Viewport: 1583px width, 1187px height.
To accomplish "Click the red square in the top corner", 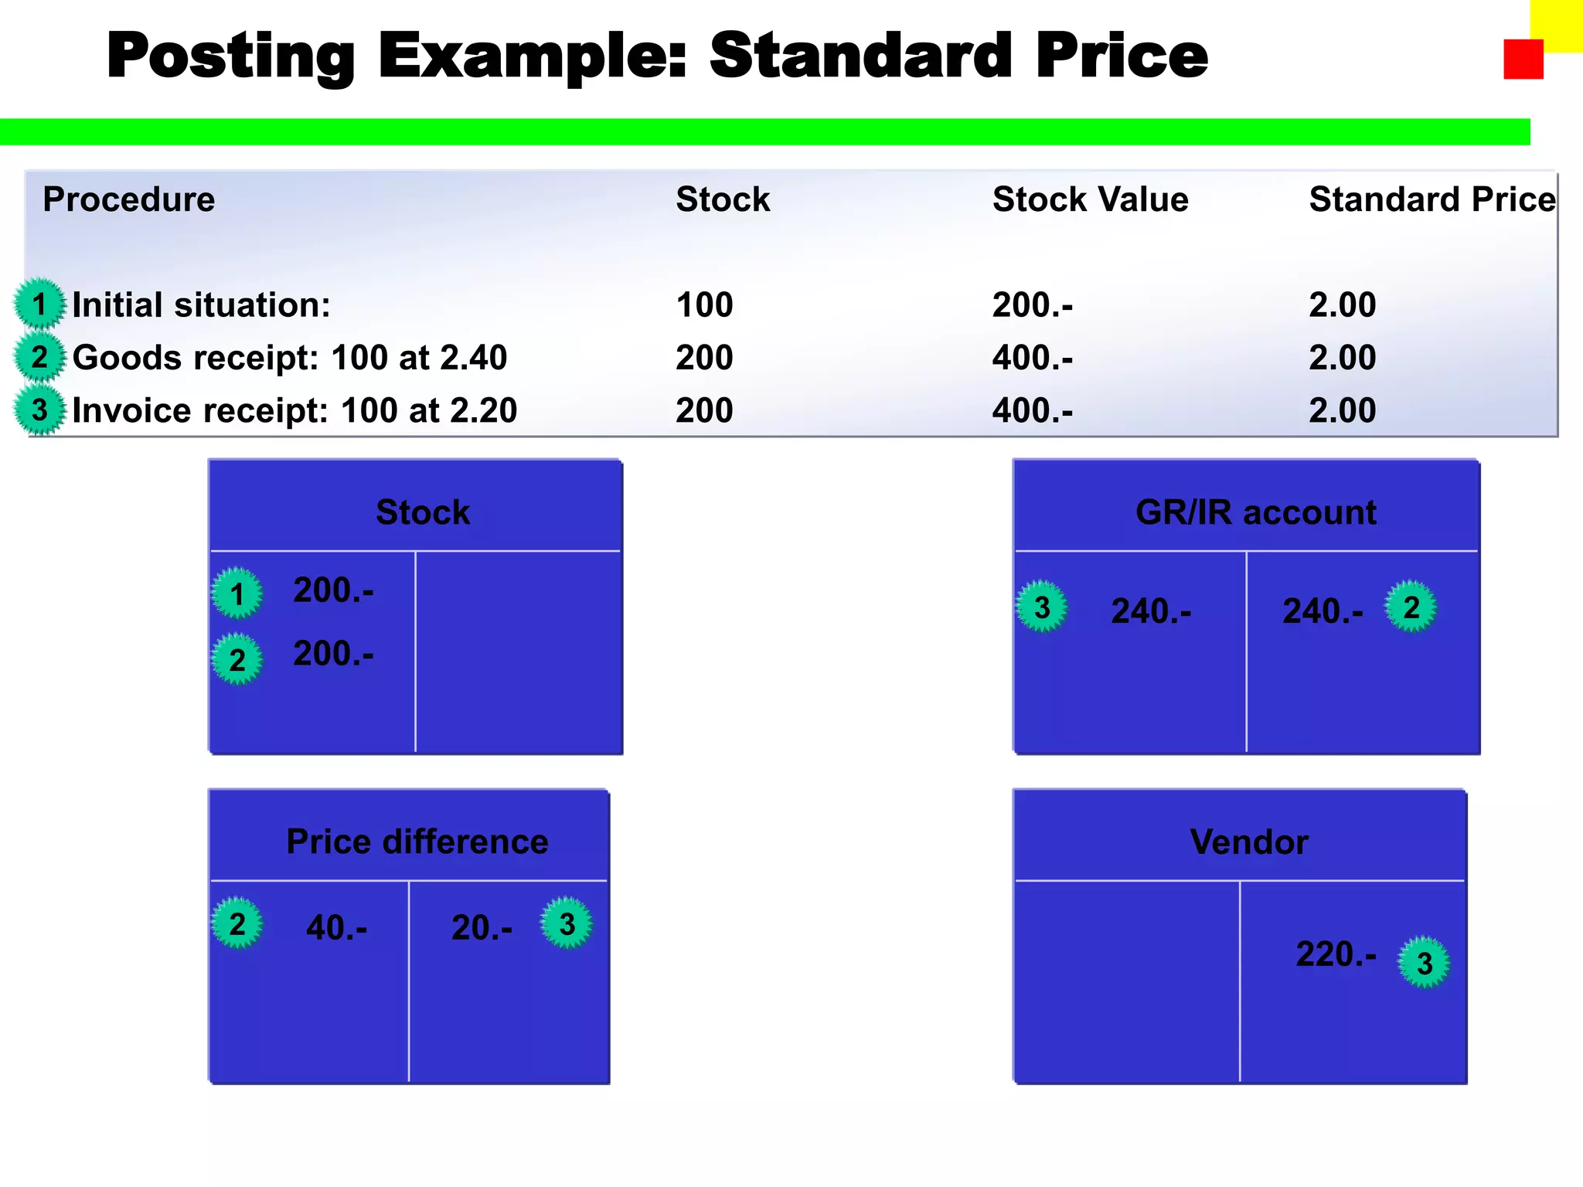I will [1523, 60].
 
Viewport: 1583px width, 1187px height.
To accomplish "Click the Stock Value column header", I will [1090, 199].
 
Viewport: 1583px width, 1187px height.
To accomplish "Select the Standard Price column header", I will [1432, 199].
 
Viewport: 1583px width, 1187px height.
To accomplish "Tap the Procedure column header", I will [128, 199].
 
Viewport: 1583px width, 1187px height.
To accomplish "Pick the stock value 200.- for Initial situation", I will [1032, 305].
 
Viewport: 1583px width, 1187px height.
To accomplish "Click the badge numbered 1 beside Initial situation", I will [39, 304].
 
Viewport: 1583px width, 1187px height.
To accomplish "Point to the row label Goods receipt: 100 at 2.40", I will [289, 358].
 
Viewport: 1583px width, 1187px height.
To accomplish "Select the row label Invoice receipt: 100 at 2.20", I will [294, 410].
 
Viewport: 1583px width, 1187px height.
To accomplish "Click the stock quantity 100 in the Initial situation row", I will [704, 305].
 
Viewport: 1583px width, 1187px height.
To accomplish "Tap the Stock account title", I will [423, 512].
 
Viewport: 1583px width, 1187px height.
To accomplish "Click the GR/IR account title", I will [1255, 512].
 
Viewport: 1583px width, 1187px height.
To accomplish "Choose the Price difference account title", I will [417, 842].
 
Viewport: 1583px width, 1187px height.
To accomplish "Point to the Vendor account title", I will [1248, 842].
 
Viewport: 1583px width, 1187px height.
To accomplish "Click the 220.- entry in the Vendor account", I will [1336, 954].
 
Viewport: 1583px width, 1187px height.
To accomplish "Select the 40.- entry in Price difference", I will [336, 927].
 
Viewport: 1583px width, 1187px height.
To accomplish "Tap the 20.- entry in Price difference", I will [482, 927].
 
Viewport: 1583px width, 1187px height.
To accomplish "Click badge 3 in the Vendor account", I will [1424, 963].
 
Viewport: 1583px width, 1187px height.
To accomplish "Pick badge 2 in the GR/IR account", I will [1411, 607].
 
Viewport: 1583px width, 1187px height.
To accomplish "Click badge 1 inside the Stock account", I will [237, 593].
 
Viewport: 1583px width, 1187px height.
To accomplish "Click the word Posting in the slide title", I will [230, 56].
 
